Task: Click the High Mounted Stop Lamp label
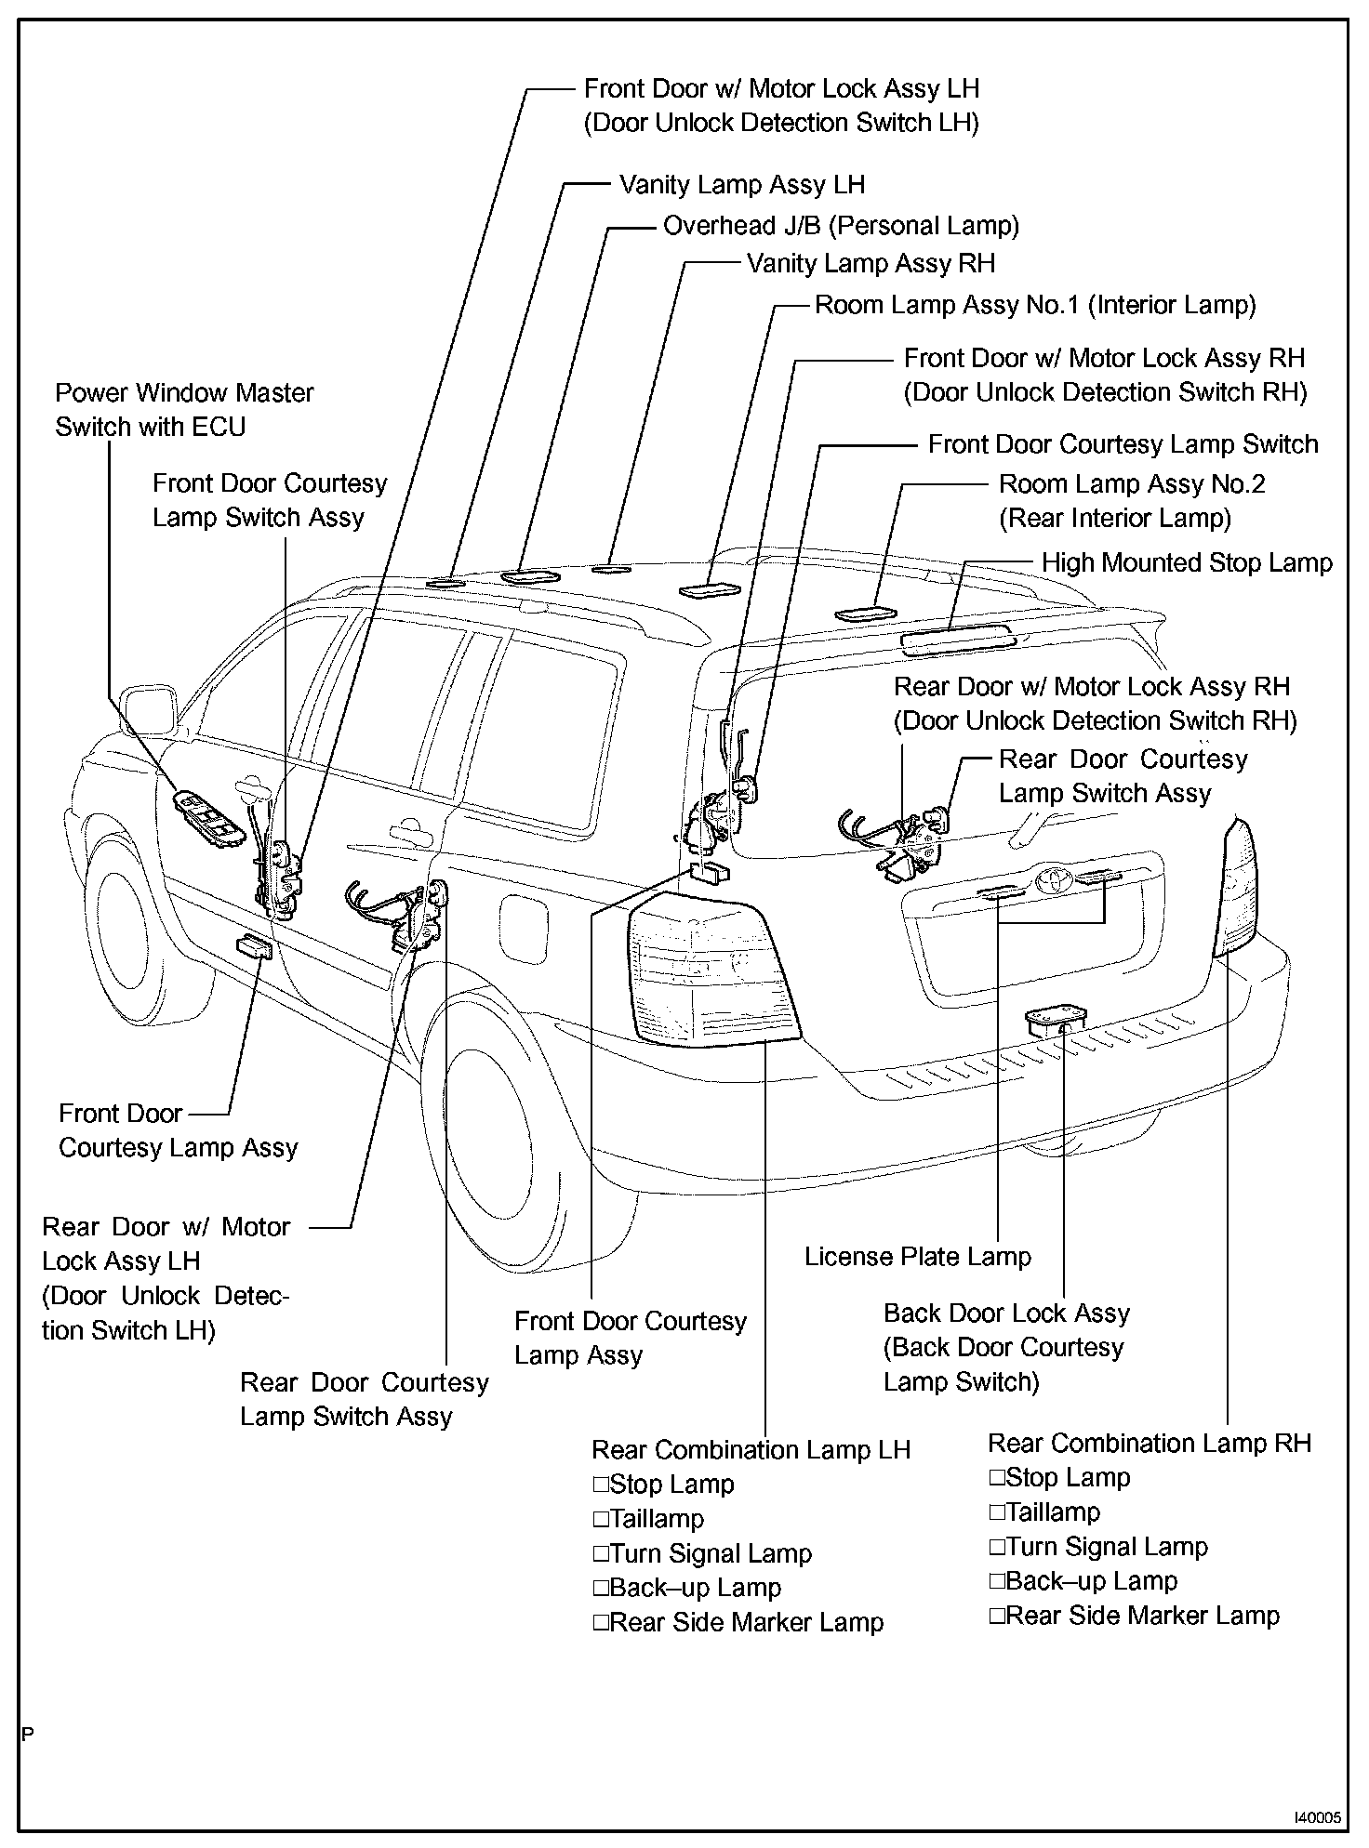pos(1187,563)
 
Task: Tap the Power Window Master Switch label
pos(184,410)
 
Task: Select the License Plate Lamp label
pos(917,1258)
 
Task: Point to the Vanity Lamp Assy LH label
pos(742,185)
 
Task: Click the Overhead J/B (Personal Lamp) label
pos(841,226)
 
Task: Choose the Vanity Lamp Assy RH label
pos(871,264)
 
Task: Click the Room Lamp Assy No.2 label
pos(1131,501)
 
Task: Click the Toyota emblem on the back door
pos(1052,877)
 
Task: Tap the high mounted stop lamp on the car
pos(957,638)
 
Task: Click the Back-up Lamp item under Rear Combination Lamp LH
pos(695,1588)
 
